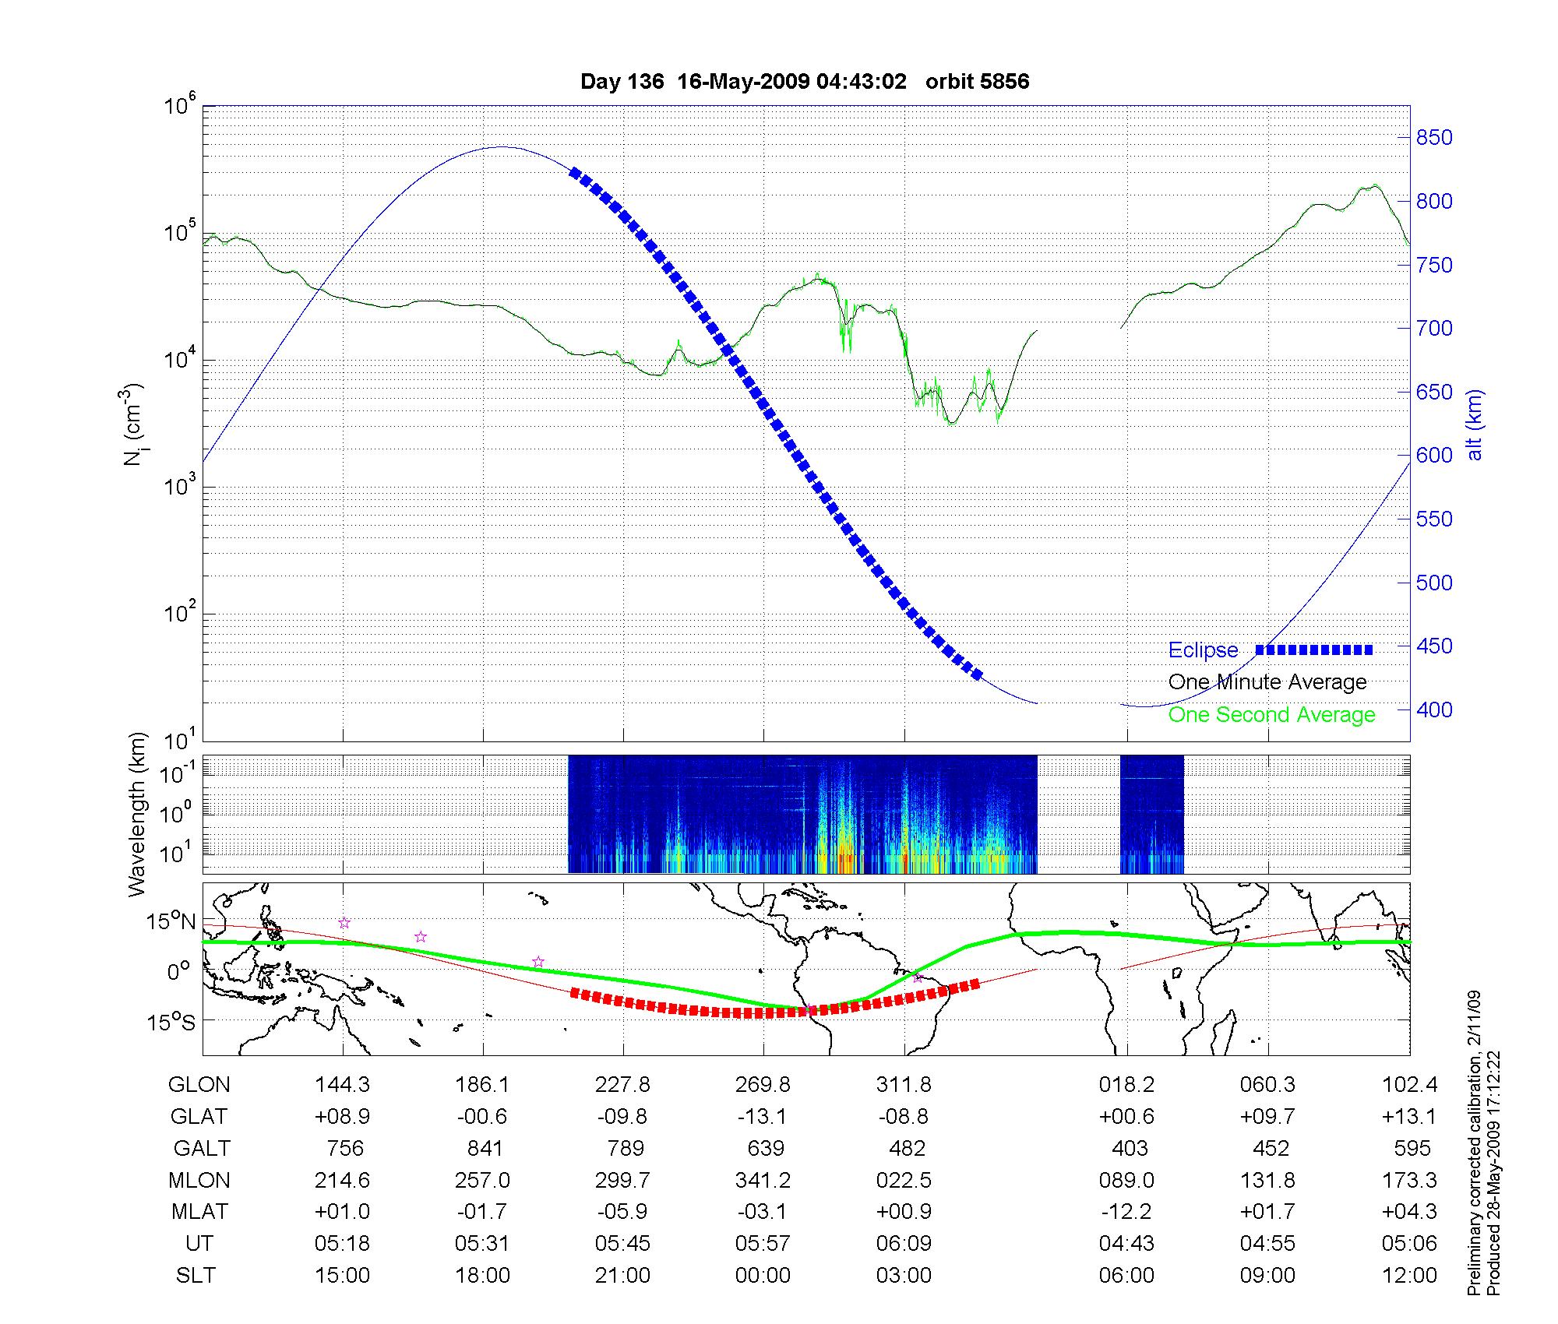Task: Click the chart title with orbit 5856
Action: tap(805, 82)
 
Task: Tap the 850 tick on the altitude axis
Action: tap(1434, 138)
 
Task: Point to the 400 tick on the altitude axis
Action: tap(1434, 710)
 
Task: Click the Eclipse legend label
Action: tap(1203, 650)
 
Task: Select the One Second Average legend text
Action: tap(1271, 715)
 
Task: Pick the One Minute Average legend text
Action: tap(1267, 682)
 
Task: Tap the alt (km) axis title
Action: tap(1474, 424)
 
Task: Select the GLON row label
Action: tap(199, 1084)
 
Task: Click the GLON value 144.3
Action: tap(342, 1084)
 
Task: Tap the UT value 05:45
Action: tap(622, 1244)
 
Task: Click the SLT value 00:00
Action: tap(763, 1276)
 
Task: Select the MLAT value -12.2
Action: tap(1126, 1212)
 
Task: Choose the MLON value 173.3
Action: tap(1408, 1180)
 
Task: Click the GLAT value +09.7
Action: tap(1268, 1116)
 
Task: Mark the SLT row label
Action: tap(196, 1276)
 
